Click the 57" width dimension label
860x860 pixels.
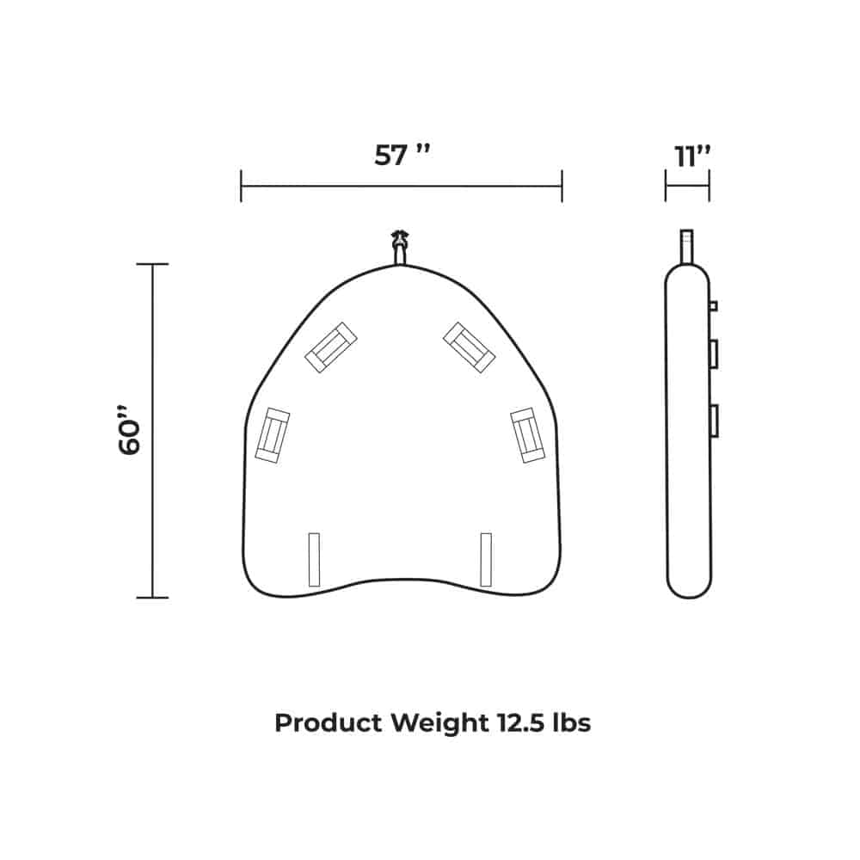coord(402,156)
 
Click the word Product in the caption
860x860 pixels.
coord(329,723)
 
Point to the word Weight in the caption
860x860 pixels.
coord(439,723)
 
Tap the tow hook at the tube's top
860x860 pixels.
coord(400,247)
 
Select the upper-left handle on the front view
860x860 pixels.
coord(331,347)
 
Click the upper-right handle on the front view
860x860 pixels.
coord(469,347)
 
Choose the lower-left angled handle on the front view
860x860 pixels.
coord(273,435)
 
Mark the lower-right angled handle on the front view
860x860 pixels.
coord(527,435)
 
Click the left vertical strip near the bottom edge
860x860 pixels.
coord(314,560)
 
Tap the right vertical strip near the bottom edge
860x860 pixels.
coord(486,560)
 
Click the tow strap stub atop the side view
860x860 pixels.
coord(686,245)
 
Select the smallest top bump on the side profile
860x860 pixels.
coord(713,305)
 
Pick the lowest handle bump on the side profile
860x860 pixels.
coord(713,421)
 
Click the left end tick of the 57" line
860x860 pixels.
coord(242,186)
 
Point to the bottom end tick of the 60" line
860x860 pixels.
coord(152,597)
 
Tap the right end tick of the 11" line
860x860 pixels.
coord(709,186)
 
